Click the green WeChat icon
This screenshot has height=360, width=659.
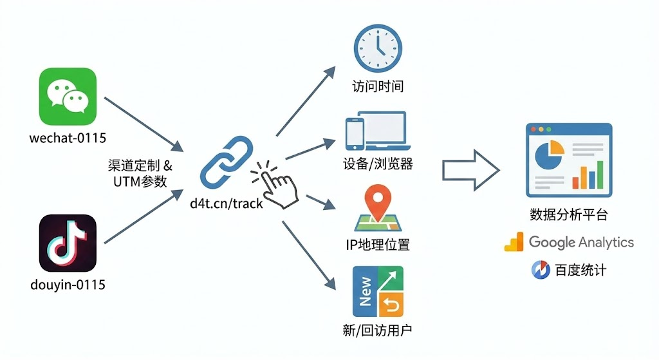(x=68, y=97)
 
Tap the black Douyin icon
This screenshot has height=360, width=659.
(x=68, y=243)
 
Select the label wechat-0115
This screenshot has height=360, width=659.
(x=68, y=137)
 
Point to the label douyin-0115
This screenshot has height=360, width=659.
(x=68, y=284)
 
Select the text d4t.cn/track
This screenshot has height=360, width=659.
(x=227, y=204)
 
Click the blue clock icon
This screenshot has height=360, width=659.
(x=377, y=48)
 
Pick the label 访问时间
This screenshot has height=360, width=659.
(x=378, y=86)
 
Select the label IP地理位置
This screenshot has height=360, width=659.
(x=378, y=245)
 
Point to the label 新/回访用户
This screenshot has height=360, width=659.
(x=378, y=332)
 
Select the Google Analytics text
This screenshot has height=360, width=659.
(x=580, y=243)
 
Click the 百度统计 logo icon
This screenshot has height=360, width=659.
(x=541, y=270)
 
